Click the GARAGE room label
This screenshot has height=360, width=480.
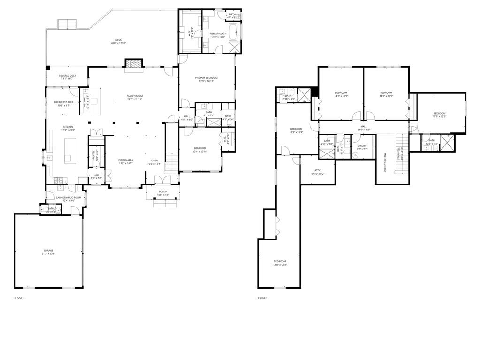pyautogui.click(x=49, y=252)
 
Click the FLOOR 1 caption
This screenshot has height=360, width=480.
pyautogui.click(x=19, y=298)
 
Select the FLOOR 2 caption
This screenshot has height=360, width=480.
pyautogui.click(x=262, y=298)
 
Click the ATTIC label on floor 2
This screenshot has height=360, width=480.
pyautogui.click(x=317, y=172)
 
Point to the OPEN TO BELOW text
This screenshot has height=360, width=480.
pyautogui.click(x=385, y=162)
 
